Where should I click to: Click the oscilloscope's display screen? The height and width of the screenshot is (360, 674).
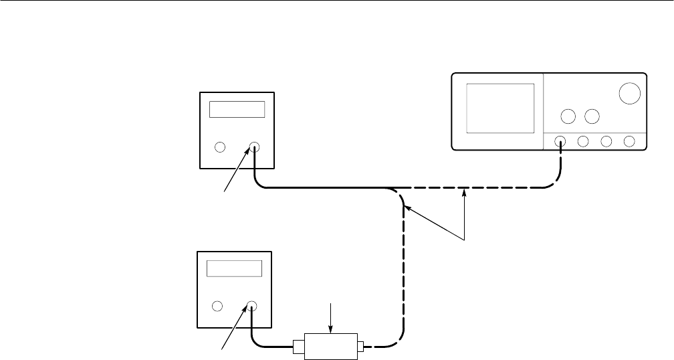500,108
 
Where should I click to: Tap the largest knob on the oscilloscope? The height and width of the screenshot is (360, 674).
629,94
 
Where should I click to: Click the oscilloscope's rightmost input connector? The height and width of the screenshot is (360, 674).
629,141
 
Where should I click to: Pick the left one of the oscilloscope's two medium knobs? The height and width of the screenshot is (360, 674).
568,116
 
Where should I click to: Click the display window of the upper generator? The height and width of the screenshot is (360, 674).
237,110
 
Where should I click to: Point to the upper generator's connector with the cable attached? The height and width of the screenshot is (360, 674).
254,148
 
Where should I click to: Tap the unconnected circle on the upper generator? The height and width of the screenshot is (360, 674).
219,148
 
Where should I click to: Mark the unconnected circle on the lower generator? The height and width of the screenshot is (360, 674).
217,307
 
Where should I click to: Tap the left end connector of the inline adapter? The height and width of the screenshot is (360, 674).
297,347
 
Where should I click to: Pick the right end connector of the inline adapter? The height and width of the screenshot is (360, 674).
360,347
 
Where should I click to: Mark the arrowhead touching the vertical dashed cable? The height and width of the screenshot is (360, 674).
406,209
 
